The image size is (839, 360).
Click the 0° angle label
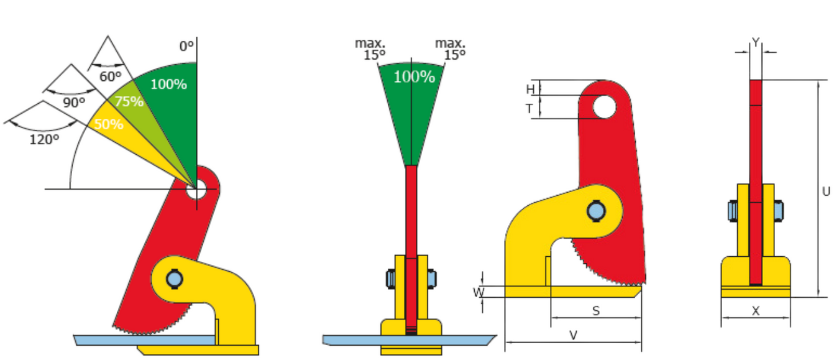186,47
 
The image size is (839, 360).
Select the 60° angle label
111,77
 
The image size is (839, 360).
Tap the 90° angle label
74,103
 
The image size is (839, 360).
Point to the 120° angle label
44,140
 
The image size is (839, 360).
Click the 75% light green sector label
129,101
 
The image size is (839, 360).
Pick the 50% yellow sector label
109,124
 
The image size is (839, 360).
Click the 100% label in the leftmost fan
168,85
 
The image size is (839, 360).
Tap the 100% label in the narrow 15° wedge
415,77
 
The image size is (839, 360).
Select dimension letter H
530,90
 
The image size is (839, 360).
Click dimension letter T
529,109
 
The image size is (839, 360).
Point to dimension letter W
479,292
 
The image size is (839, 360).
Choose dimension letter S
596,310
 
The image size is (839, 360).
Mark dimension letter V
573,335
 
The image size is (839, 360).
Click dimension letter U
826,192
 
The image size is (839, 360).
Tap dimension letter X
756,310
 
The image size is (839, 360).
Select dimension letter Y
756,42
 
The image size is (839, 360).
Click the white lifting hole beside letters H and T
604,107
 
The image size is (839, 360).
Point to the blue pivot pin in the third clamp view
596,211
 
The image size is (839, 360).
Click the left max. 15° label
370,49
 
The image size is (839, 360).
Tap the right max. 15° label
451,49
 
